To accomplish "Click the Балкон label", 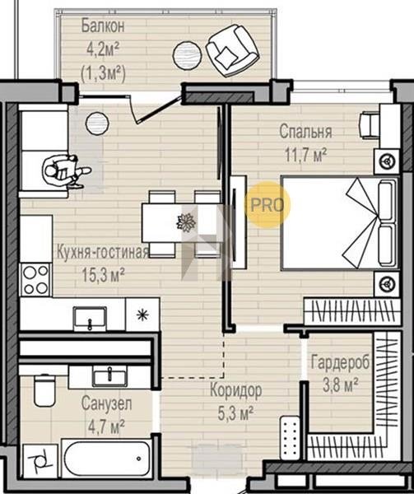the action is point(103,26).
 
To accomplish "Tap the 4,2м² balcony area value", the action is point(103,49).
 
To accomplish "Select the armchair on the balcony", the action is point(232,50).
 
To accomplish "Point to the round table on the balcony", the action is point(187,55).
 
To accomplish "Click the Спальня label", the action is point(305,132).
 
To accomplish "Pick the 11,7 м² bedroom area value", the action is point(305,155).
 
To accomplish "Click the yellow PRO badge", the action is point(267,205).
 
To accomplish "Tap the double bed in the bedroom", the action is point(340,223).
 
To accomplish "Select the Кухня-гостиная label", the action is point(102,252).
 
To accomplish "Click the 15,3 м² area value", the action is point(103,274).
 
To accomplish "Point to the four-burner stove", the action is point(35,280).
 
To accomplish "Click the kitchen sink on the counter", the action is point(90,319).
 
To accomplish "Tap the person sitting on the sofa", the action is point(66,171).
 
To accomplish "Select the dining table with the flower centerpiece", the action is point(182,223).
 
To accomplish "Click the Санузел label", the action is point(106,403).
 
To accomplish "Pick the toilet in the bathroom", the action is point(44,389).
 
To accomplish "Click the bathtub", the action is point(107,459).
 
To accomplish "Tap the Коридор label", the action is point(235,390).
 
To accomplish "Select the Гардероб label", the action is point(340,362).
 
